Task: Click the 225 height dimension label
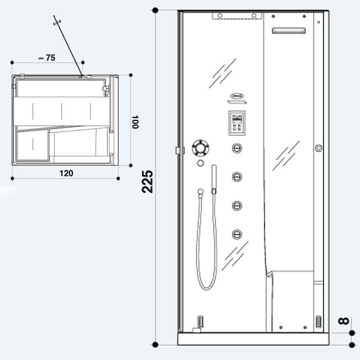148,181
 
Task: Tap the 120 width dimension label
66,173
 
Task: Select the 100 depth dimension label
135,122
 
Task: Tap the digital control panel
237,122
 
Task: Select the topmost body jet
237,148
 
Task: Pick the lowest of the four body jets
237,234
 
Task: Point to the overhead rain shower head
237,16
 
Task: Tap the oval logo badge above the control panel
237,96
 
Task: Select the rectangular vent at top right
289,30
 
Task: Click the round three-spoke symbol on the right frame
319,149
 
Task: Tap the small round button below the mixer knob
200,164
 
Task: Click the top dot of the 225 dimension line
155,10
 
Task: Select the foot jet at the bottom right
318,322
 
